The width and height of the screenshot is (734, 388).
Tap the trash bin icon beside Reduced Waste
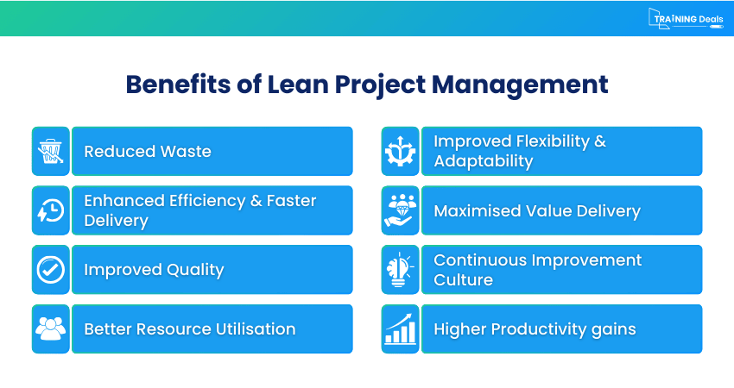[50, 151]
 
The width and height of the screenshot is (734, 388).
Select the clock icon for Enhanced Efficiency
[50, 210]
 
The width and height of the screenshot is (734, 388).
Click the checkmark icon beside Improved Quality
[50, 270]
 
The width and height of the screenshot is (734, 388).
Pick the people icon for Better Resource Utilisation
[50, 329]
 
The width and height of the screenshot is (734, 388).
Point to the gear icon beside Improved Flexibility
[400, 151]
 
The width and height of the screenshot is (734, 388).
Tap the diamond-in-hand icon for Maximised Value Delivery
[400, 210]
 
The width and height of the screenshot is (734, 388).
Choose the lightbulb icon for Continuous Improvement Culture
[400, 270]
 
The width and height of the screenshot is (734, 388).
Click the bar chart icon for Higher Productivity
[400, 329]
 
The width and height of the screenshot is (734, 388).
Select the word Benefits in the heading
[167, 84]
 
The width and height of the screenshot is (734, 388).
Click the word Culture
[463, 280]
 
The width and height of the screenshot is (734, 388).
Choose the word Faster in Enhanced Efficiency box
[291, 201]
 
